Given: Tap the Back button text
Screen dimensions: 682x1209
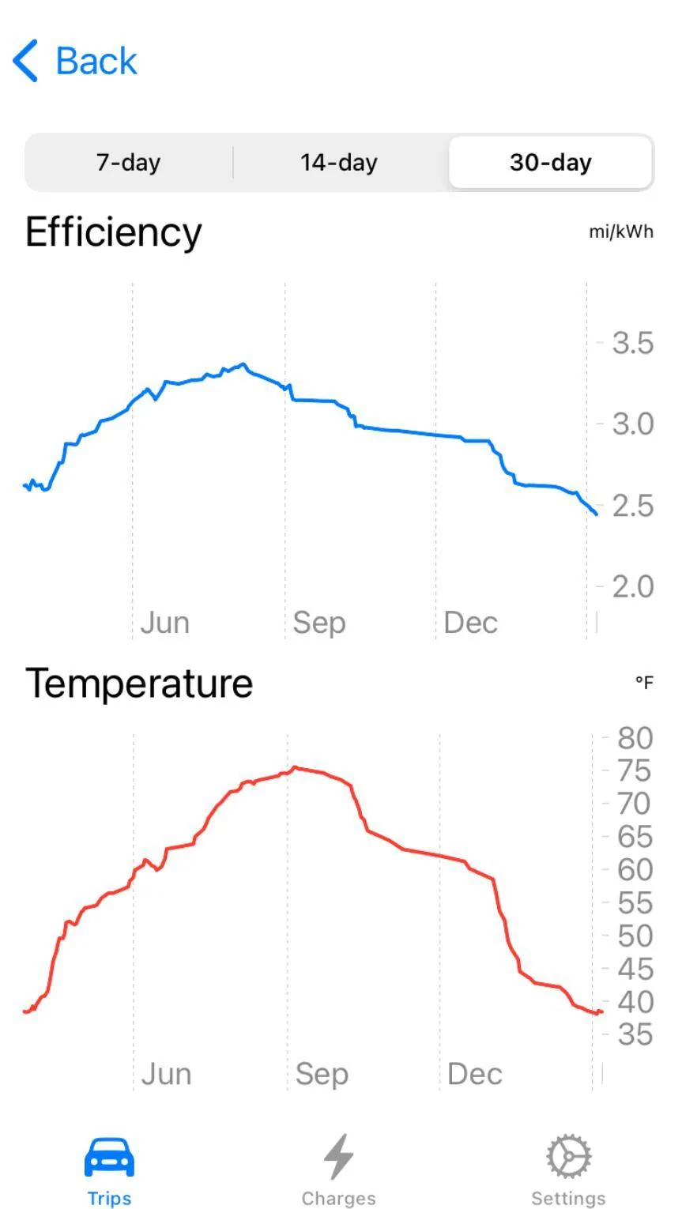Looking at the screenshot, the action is pyautogui.click(x=96, y=61).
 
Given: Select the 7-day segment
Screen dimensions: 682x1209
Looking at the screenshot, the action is pyautogui.click(x=129, y=163).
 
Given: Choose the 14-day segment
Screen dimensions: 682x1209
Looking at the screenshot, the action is pyautogui.click(x=339, y=163).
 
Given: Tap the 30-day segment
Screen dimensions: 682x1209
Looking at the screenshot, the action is pyautogui.click(x=550, y=163).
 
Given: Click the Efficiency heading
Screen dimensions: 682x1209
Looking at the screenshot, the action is pyautogui.click(x=113, y=232).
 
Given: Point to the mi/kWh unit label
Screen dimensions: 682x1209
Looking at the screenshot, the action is pyautogui.click(x=621, y=232).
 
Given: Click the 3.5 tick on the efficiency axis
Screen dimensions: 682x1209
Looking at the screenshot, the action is pyautogui.click(x=632, y=343).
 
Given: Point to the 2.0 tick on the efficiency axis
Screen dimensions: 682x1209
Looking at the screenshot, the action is pyautogui.click(x=632, y=586).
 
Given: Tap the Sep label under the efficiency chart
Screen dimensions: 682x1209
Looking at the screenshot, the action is pyautogui.click(x=318, y=623).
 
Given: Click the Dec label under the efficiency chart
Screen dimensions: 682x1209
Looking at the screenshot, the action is pyautogui.click(x=470, y=623).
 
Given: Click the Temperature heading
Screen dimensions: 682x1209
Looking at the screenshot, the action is pyautogui.click(x=139, y=684).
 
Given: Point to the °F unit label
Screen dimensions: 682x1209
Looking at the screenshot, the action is pyautogui.click(x=644, y=683).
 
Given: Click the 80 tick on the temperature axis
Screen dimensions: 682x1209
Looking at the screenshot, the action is pyautogui.click(x=635, y=738).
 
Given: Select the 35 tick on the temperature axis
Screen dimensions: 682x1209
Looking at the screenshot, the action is pyautogui.click(x=635, y=1034).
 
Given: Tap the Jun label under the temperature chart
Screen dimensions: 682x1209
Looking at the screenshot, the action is pyautogui.click(x=166, y=1074).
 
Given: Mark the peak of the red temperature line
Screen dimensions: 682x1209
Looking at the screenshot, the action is pyautogui.click(x=294, y=767).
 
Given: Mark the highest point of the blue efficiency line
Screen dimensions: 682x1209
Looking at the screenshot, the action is pyautogui.click(x=243, y=364).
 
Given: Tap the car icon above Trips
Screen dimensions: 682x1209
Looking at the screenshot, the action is pyautogui.click(x=109, y=1157).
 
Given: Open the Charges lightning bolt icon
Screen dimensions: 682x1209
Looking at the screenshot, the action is pyautogui.click(x=338, y=1156).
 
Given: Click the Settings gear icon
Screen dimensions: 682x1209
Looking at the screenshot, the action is pyautogui.click(x=569, y=1156).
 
